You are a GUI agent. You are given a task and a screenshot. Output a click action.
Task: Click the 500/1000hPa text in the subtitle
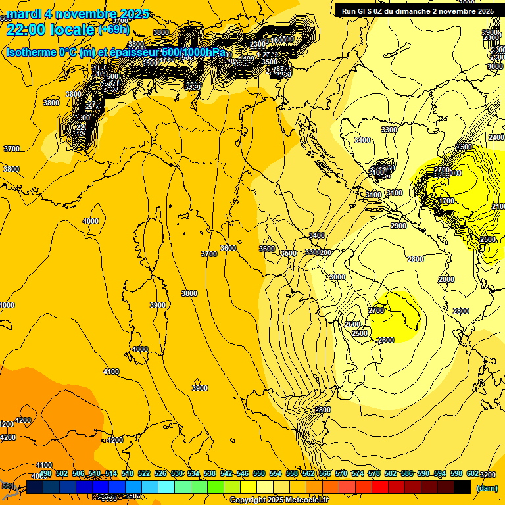click(193, 52)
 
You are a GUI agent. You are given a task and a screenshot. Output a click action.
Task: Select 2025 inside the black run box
click(485, 11)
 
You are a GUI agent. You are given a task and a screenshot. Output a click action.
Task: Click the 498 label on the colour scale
click(45, 473)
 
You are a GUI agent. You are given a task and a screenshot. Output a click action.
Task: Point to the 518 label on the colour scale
click(128, 473)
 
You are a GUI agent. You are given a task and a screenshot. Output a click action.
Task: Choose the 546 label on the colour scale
click(242, 473)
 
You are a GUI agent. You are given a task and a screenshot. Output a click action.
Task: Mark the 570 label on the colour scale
click(341, 473)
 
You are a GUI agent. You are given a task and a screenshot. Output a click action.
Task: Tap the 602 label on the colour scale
click(471, 473)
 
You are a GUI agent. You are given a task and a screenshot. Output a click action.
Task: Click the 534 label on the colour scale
click(193, 473)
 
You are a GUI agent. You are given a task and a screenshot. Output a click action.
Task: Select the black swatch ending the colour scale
click(462, 487)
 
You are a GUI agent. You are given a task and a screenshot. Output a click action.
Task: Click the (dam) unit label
click(486, 488)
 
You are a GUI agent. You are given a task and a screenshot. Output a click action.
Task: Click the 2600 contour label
click(386, 340)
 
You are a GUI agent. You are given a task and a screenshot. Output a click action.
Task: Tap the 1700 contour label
click(447, 201)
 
